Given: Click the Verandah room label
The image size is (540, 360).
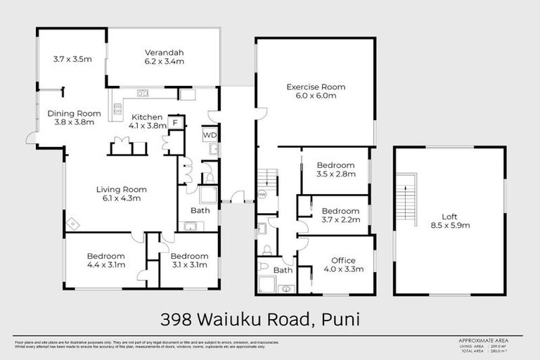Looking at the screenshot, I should (164, 57).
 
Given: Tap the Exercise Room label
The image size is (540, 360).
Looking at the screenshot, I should (316, 92).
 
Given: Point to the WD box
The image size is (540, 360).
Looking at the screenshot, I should (210, 134).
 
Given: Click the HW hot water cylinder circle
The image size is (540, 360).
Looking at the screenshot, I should (262, 194).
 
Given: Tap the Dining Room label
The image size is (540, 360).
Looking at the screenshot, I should (70, 117).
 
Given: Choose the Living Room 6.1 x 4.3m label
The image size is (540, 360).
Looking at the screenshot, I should (121, 193).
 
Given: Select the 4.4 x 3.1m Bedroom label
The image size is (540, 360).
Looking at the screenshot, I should (105, 260).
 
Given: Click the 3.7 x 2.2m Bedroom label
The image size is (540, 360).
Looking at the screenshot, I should (340, 215).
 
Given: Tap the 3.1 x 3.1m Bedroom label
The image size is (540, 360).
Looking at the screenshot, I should (189, 260).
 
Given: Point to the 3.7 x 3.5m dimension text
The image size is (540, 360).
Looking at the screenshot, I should (72, 60).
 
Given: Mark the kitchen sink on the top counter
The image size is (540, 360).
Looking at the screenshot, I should (143, 92).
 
